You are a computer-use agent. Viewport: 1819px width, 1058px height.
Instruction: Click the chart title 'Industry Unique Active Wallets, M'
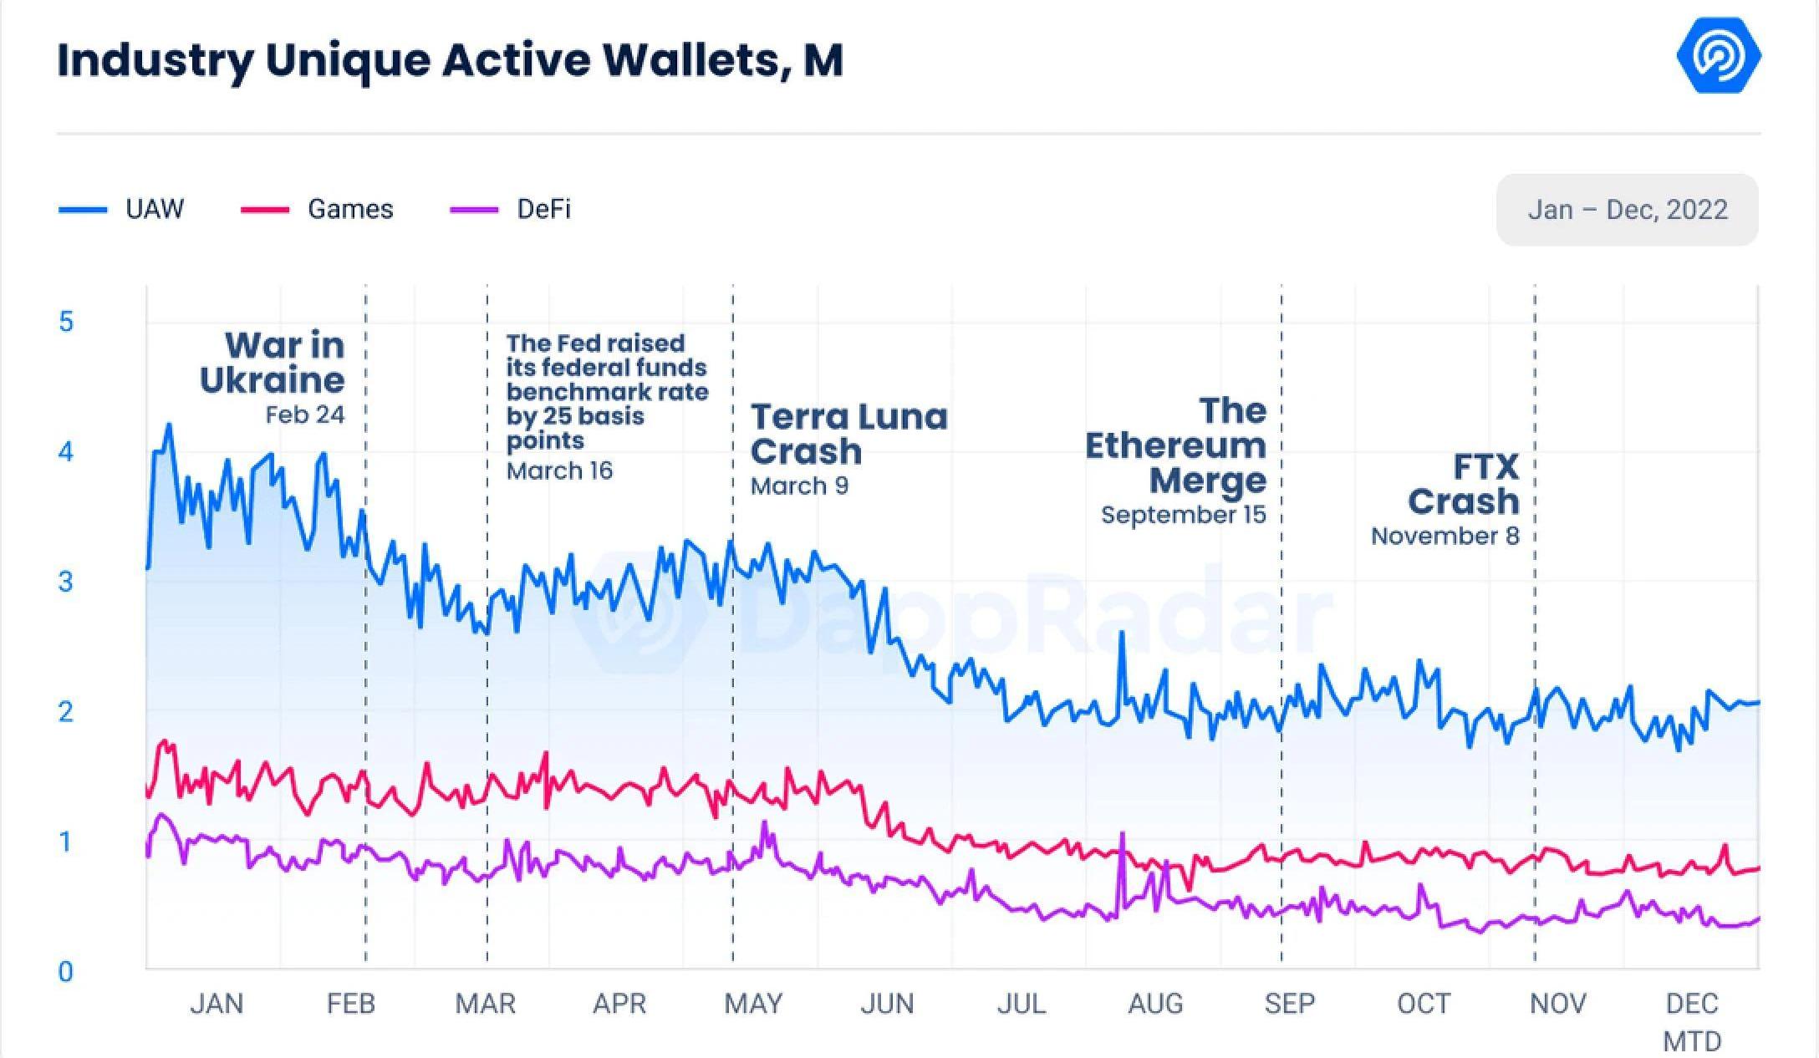pyautogui.click(x=450, y=60)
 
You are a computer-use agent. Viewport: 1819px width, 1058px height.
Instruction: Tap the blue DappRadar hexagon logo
pyautogui.click(x=1719, y=56)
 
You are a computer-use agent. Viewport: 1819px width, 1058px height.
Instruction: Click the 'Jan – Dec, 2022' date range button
pyautogui.click(x=1627, y=210)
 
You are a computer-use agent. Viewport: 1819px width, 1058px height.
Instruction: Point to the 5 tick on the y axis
pyautogui.click(x=66, y=322)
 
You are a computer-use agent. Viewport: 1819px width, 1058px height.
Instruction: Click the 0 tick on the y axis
pyautogui.click(x=66, y=971)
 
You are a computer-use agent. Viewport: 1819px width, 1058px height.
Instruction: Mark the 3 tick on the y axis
pyautogui.click(x=66, y=582)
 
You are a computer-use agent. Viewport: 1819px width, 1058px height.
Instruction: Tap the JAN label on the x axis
pyautogui.click(x=217, y=1003)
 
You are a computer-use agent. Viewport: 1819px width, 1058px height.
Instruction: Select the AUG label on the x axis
pyautogui.click(x=1155, y=1003)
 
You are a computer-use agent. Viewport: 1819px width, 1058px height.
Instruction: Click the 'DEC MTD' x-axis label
pyautogui.click(x=1692, y=1021)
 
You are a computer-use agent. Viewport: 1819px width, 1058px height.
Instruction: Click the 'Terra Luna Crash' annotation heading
pyautogui.click(x=848, y=434)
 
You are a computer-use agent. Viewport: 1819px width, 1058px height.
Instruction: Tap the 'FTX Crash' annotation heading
pyautogui.click(x=1465, y=484)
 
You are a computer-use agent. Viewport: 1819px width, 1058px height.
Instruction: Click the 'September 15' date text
pyautogui.click(x=1183, y=515)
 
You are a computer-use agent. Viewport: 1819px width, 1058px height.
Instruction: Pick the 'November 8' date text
pyautogui.click(x=1444, y=536)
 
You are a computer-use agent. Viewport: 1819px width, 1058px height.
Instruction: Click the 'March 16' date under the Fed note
pyautogui.click(x=559, y=471)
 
